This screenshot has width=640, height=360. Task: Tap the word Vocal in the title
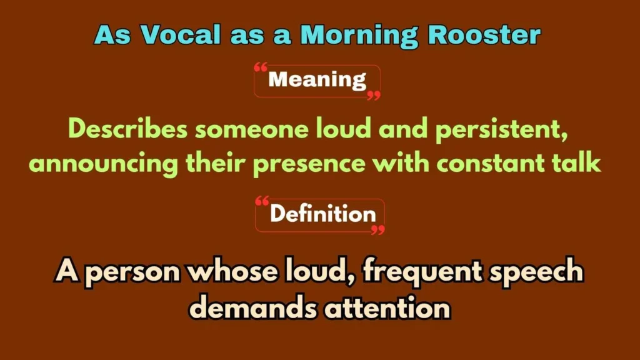click(180, 35)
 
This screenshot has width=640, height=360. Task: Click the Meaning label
click(317, 81)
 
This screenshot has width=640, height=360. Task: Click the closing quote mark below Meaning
click(374, 96)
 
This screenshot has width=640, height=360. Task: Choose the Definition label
click(322, 215)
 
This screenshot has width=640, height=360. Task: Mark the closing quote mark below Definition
click(377, 230)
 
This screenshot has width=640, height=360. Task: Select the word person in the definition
click(133, 274)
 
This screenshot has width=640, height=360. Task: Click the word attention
click(386, 307)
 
